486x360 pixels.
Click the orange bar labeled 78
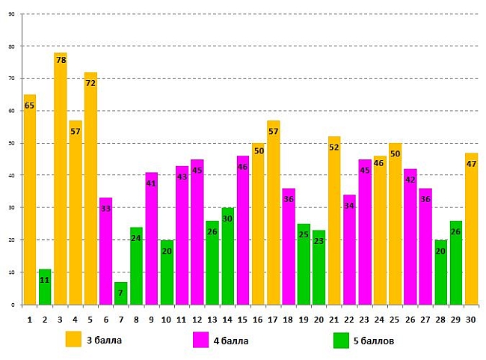pos(61,180)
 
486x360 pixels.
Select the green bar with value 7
pos(121,293)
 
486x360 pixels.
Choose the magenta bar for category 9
pos(152,239)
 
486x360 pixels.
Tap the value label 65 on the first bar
pos(30,106)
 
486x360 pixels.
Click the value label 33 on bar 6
pos(106,208)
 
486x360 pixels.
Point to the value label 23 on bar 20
pos(319,241)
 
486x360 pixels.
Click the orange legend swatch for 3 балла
pos(73,339)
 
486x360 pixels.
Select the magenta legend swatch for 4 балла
pos(200,339)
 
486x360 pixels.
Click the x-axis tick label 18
pos(289,320)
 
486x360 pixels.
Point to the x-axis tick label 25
pos(395,320)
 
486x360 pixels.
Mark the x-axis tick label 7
pos(121,320)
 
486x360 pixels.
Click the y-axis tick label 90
pos(10,14)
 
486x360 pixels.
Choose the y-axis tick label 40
pos(10,175)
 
